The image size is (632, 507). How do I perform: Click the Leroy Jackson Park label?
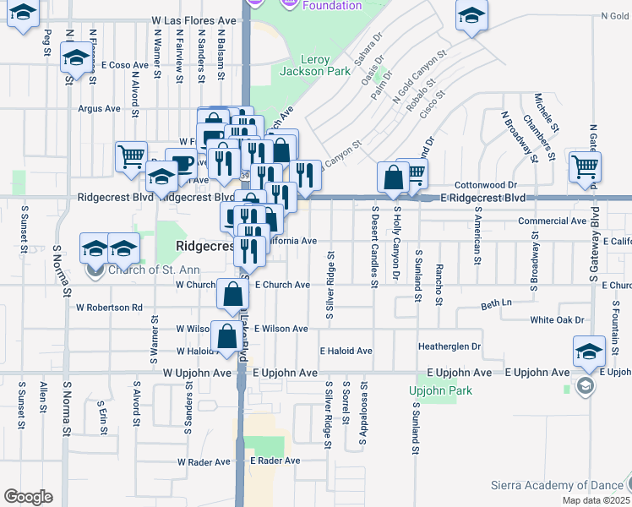click(326, 65)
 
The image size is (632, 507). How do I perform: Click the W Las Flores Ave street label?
click(194, 19)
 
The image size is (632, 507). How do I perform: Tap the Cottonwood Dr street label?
click(485, 184)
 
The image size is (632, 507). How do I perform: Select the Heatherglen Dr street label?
click(449, 346)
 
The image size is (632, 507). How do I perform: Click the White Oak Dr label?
click(558, 320)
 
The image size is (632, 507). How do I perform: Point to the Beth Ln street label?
click(497, 303)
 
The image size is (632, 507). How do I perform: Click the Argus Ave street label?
click(100, 108)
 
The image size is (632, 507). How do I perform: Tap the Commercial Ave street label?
click(552, 221)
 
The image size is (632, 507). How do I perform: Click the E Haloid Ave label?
click(346, 351)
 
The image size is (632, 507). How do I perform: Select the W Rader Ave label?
click(203, 462)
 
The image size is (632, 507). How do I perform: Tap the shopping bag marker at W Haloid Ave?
click(227, 336)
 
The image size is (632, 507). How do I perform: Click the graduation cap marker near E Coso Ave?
click(77, 59)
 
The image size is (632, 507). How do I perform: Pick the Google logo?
click(28, 497)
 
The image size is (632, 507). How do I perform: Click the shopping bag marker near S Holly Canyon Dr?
click(393, 177)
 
